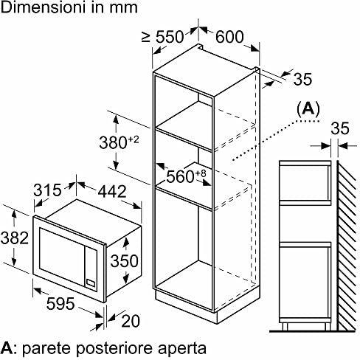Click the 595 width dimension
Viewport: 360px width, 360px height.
point(60,303)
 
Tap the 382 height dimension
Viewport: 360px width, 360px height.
point(15,238)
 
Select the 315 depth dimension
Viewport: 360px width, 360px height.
point(47,190)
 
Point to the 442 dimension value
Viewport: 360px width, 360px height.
point(112,192)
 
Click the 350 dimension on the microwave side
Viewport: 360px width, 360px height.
point(125,261)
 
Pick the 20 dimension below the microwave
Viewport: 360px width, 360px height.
point(131,321)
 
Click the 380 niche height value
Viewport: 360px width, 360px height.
point(113,142)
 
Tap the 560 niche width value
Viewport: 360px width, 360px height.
point(181,176)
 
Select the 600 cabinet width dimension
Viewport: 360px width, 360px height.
point(229,37)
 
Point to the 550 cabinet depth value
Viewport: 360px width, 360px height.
point(170,37)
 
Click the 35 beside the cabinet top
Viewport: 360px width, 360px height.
point(302,79)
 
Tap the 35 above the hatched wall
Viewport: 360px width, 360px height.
point(340,128)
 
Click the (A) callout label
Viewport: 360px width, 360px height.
point(308,108)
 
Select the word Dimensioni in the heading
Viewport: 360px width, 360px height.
point(44,7)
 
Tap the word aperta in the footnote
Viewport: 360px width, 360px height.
point(182,349)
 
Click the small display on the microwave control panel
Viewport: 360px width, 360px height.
point(91,283)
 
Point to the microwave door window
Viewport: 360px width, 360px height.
point(60,257)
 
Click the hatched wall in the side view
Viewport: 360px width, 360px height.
point(347,246)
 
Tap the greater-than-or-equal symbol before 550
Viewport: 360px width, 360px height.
point(146,37)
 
